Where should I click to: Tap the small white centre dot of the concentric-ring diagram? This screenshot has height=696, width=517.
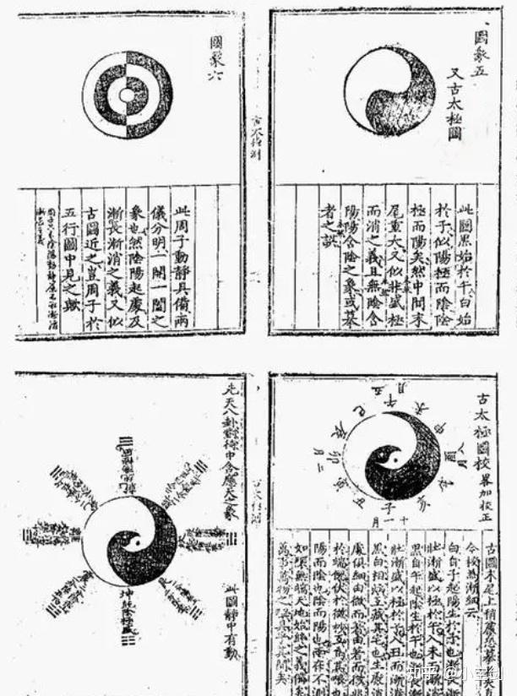[x=127, y=95]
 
